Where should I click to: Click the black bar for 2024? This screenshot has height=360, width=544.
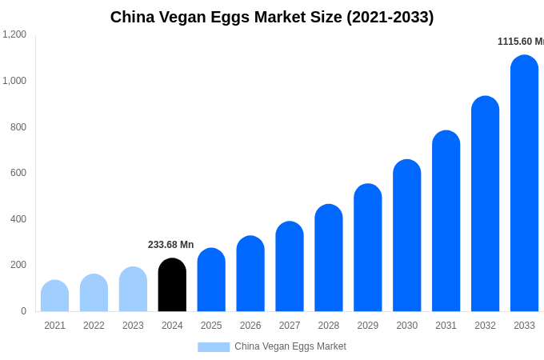pyautogui.click(x=172, y=286)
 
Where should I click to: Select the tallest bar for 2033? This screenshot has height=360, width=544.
pyautogui.click(x=524, y=184)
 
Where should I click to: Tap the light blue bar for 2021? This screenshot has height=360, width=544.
pyautogui.click(x=54, y=297)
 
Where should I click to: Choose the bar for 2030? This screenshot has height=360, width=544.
pyautogui.click(x=406, y=236)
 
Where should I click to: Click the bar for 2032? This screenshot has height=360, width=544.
pyautogui.click(x=485, y=204)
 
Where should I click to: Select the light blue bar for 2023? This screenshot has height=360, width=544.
pyautogui.click(x=133, y=290)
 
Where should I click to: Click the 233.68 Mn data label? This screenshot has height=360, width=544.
pyautogui.click(x=170, y=245)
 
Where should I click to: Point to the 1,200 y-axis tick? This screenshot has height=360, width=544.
pyautogui.click(x=14, y=34)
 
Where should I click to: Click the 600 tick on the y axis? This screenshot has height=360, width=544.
pyautogui.click(x=18, y=173)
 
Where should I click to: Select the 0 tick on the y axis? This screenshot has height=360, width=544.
pyautogui.click(x=23, y=311)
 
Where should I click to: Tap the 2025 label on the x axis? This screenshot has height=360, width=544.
pyautogui.click(x=211, y=326)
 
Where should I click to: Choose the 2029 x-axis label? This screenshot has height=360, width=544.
pyautogui.click(x=368, y=326)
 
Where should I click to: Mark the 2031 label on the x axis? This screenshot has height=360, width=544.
pyautogui.click(x=446, y=326)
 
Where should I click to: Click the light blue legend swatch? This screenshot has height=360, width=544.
pyautogui.click(x=214, y=347)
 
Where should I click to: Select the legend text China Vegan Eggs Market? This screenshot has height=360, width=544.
pyautogui.click(x=290, y=346)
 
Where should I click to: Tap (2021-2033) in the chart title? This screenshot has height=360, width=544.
pyautogui.click(x=390, y=17)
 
